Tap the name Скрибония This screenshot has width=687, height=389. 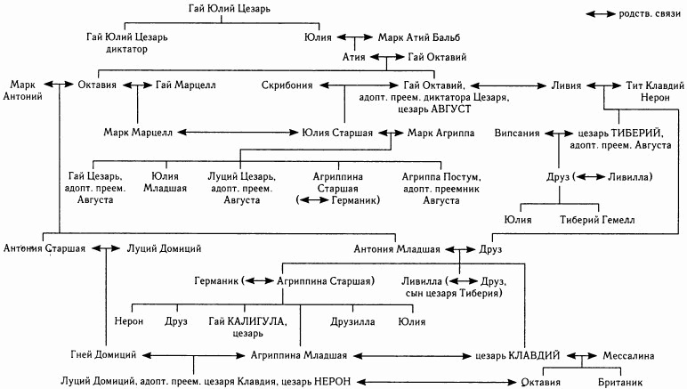287,85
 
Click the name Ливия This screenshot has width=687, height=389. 566,85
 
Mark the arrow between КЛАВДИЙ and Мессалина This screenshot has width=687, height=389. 580,354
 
